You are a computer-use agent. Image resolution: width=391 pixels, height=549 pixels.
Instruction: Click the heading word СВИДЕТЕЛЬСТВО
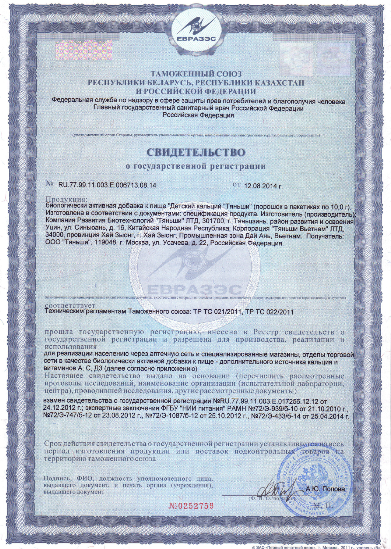(x=195, y=152)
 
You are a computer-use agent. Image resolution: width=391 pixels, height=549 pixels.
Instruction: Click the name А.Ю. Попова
(x=325, y=489)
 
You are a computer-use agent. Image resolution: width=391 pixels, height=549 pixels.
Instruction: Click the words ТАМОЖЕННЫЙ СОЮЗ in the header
(x=195, y=74)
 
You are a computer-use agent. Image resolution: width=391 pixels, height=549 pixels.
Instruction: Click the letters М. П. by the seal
(x=323, y=505)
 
